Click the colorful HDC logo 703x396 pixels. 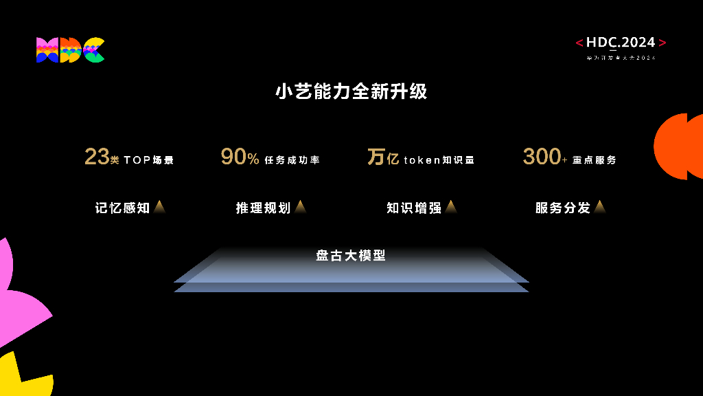tap(70, 50)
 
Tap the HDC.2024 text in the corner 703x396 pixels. tap(621, 43)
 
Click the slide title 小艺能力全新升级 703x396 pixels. tap(351, 91)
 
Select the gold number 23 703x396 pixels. tap(97, 157)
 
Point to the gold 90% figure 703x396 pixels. tap(240, 157)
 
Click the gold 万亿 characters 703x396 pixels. tap(383, 157)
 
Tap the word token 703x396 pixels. tap(422, 160)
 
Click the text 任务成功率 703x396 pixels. tap(292, 160)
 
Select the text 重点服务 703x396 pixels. tap(595, 160)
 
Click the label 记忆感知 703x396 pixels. tap(122, 208)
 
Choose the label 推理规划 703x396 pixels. tap(263, 208)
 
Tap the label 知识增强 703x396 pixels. tap(414, 208)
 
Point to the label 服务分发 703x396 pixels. tap(563, 208)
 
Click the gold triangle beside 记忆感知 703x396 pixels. tap(160, 207)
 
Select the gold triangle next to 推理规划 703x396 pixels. tap(301, 207)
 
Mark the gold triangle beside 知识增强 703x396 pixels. tap(451, 207)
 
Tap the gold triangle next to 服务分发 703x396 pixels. tap(600, 207)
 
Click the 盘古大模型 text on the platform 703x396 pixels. tap(351, 256)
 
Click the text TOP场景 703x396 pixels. tap(149, 160)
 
